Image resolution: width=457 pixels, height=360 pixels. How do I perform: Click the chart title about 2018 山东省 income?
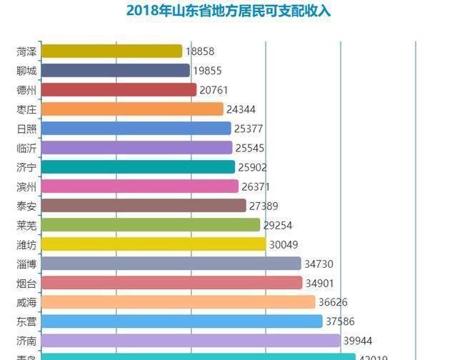[228, 11]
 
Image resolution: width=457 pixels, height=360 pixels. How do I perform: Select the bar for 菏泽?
[111, 51]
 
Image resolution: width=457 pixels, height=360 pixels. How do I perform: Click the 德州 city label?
[26, 90]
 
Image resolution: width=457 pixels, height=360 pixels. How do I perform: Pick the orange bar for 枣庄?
[132, 109]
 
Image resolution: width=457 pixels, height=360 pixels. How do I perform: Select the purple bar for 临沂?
[136, 148]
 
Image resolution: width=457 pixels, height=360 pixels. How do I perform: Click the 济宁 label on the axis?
[26, 167]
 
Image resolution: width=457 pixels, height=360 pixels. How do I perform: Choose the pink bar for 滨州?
[139, 186]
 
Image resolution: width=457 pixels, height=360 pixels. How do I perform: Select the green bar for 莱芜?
[150, 225]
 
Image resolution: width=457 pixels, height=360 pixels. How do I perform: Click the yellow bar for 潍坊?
[153, 244]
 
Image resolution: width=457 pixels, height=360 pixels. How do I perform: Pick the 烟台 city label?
[26, 283]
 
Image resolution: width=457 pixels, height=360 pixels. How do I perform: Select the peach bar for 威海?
[178, 302]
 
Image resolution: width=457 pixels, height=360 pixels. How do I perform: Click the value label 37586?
[340, 321]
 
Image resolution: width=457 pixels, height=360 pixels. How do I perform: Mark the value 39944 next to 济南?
[358, 341]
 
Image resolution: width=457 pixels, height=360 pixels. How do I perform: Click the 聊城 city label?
[26, 71]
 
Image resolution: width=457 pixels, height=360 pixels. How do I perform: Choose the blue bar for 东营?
[181, 321]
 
